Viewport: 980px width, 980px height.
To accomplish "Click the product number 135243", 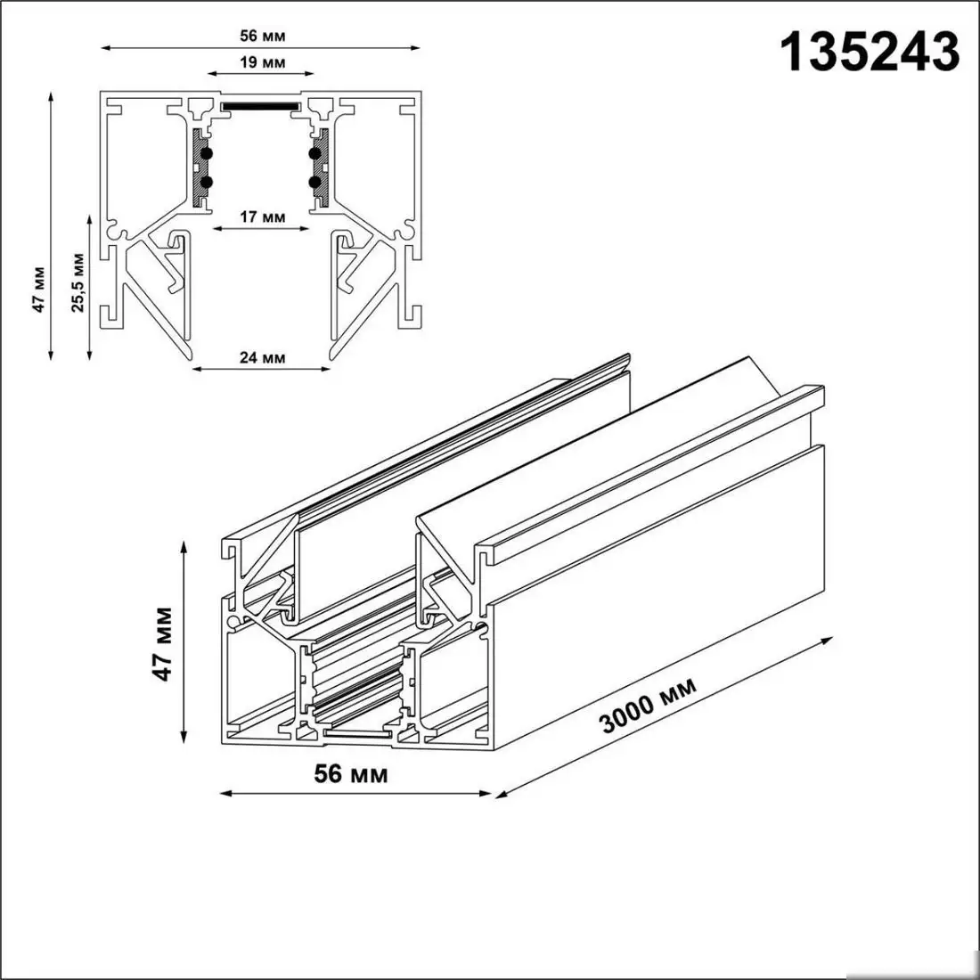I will click(x=870, y=52).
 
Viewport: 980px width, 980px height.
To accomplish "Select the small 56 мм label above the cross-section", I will click(x=261, y=36).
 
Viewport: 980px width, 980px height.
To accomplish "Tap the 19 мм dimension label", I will click(x=262, y=62).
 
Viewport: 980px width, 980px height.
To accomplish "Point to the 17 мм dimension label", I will click(x=262, y=216).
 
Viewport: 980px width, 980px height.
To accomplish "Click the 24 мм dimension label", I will click(x=262, y=357).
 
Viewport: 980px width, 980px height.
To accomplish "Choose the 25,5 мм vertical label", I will click(x=79, y=283).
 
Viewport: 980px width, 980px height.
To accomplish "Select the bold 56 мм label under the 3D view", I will click(x=351, y=773).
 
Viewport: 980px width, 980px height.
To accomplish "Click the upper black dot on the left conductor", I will click(x=207, y=154).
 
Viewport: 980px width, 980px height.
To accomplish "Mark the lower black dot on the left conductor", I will click(x=207, y=182).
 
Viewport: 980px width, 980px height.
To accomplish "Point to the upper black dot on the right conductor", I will click(x=315, y=154).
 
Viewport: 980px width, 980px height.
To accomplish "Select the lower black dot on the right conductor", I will click(x=315, y=182).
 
